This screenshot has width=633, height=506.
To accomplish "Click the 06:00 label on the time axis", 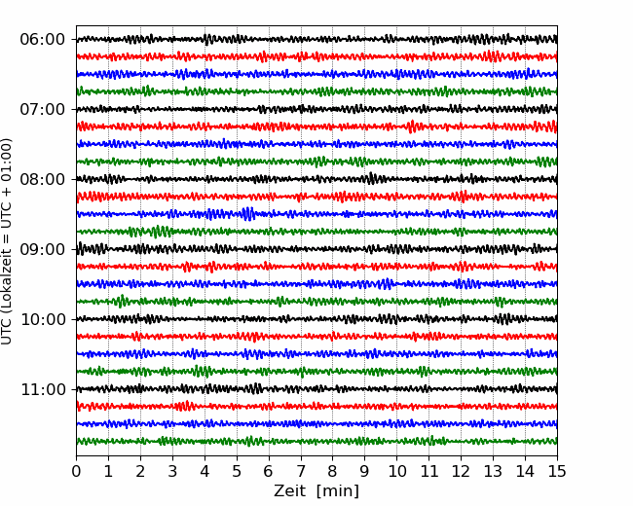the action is click(43, 40).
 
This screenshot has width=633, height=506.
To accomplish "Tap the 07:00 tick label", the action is click(43, 109).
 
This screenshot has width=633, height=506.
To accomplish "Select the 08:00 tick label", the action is click(43, 179).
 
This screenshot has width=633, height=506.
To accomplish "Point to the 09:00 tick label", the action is click(43, 249).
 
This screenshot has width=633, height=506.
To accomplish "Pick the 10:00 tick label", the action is click(43, 319).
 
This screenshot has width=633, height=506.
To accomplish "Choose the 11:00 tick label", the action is click(43, 389).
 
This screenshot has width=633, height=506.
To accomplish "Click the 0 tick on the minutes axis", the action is click(76, 471).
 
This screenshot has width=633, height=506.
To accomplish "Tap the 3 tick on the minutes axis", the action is click(172, 471).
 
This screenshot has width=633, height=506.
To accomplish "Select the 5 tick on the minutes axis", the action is click(237, 471).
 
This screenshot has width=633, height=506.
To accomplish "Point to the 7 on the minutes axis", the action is click(301, 471).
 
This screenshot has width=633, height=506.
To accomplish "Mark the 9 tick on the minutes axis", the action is click(364, 471).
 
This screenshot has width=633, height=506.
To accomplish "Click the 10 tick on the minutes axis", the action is click(396, 471).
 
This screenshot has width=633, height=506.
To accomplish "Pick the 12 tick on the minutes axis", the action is click(461, 471).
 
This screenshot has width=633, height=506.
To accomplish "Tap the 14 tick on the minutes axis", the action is click(525, 471).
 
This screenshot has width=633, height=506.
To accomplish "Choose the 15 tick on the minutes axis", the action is click(557, 471).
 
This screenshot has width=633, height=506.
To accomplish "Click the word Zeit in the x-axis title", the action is click(289, 490).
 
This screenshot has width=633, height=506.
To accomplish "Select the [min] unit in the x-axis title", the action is click(338, 491).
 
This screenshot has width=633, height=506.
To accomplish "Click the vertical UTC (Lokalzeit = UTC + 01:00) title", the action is click(6, 241).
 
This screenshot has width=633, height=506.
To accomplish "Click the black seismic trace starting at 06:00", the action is click(316, 40).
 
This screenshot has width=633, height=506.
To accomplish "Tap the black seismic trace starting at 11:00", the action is click(316, 389).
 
